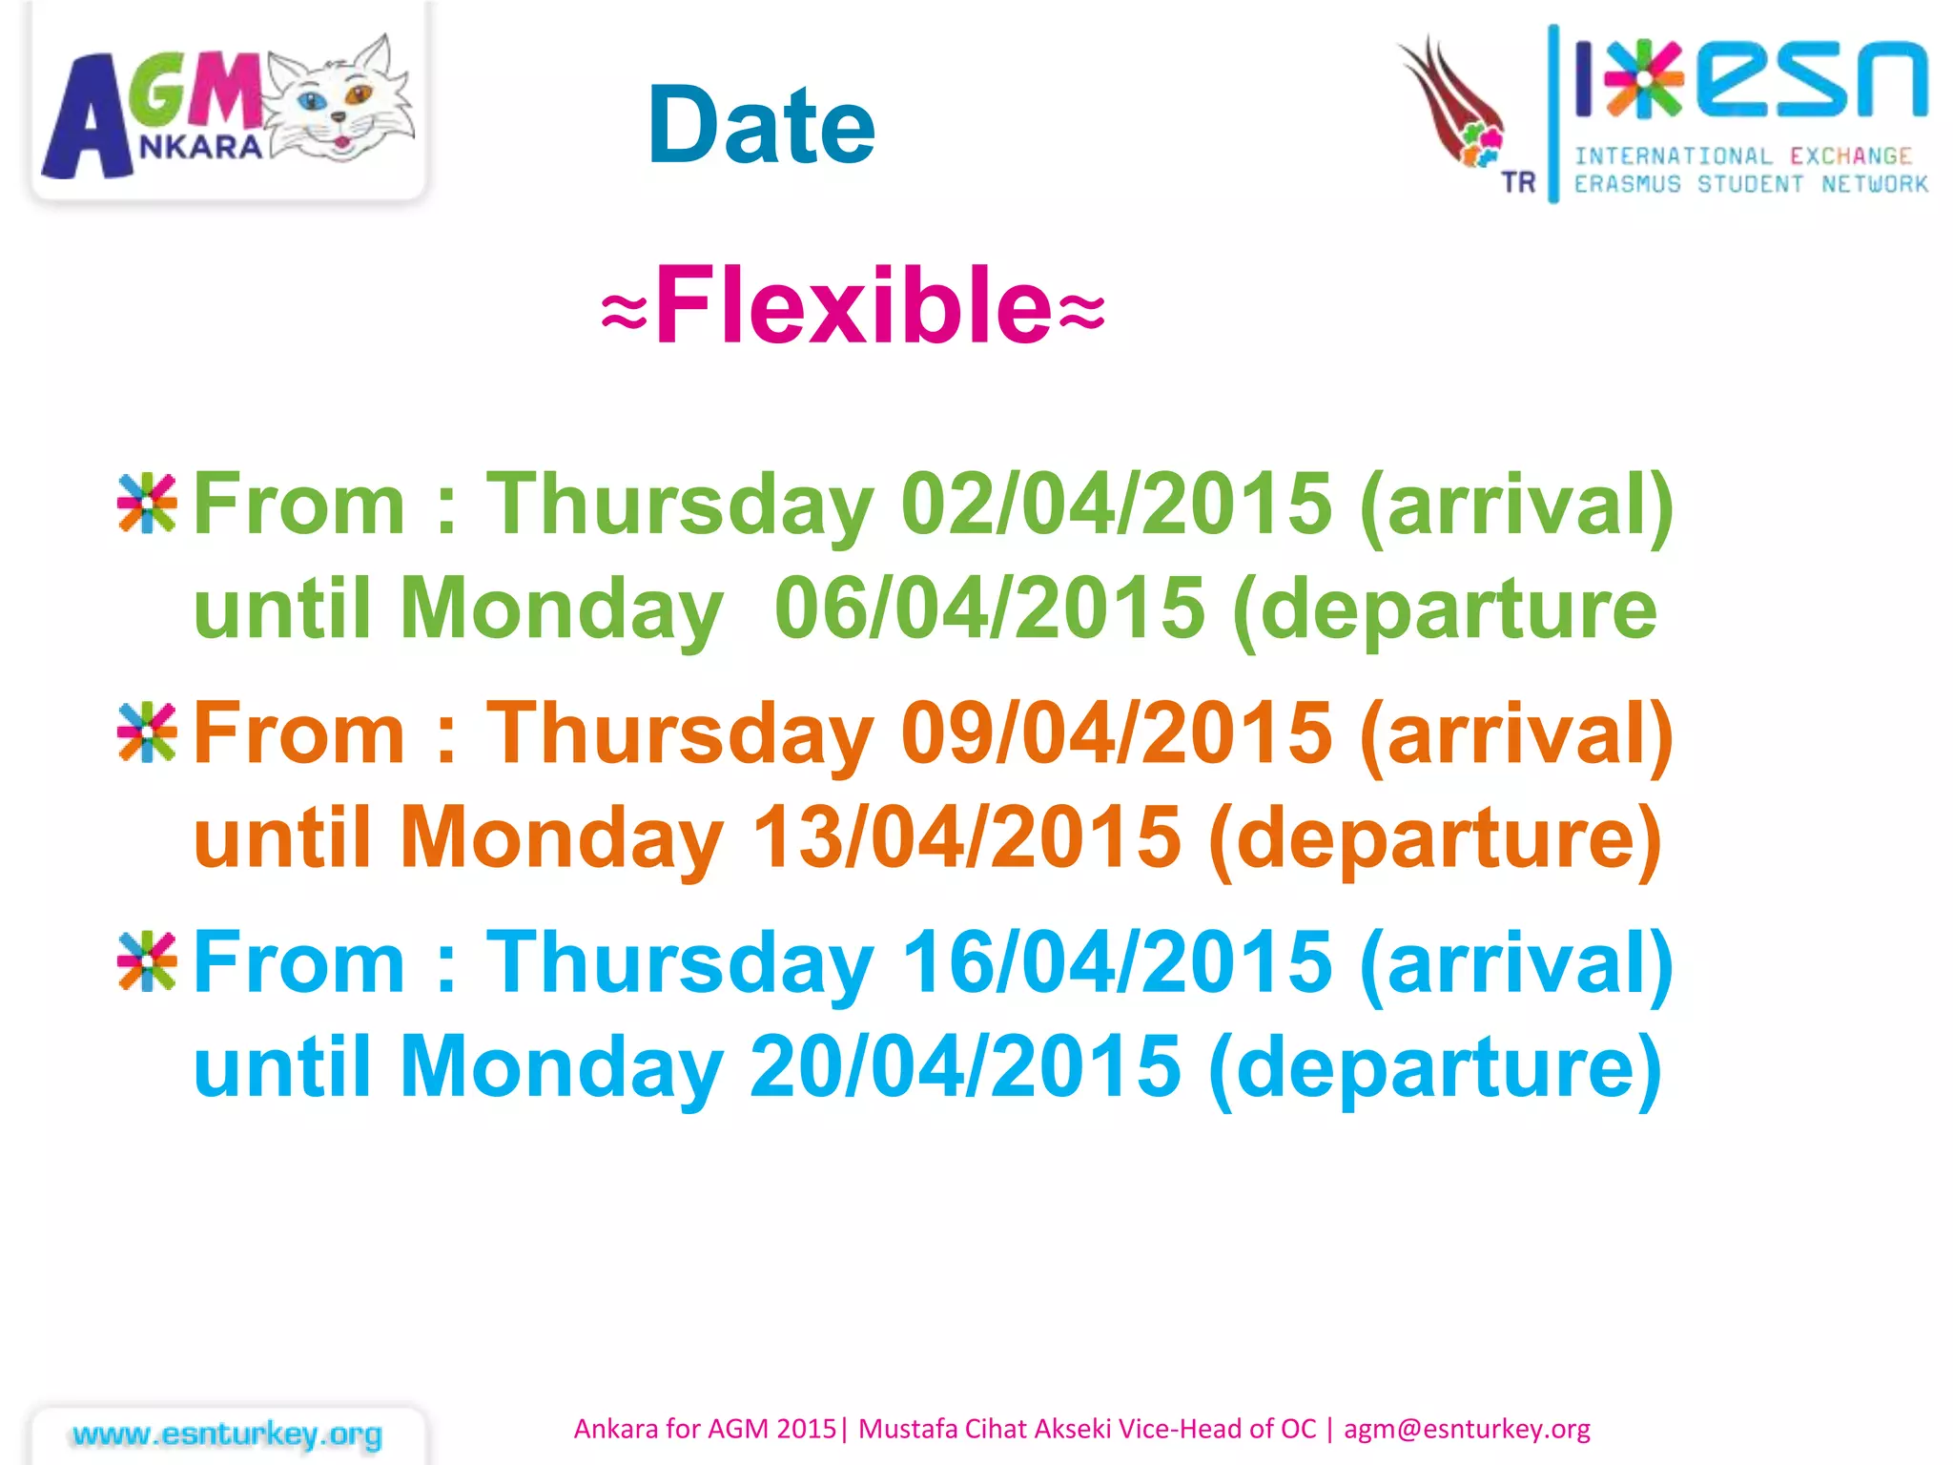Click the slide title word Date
(x=760, y=125)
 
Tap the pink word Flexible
(x=853, y=305)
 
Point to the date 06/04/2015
(x=989, y=609)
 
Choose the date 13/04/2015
(x=966, y=837)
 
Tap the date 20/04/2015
(x=965, y=1065)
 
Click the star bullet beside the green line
(x=147, y=503)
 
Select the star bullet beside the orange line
(x=147, y=732)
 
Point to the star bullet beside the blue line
(x=147, y=961)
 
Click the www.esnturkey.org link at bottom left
(x=227, y=1434)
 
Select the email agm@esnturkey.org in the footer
(x=1467, y=1429)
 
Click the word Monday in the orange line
(x=561, y=837)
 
